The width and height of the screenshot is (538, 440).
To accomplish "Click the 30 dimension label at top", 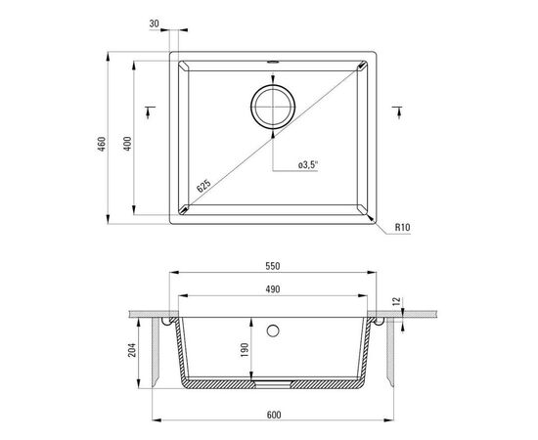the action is coord(154,23).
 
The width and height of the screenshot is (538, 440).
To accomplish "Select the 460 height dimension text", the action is coord(102,144).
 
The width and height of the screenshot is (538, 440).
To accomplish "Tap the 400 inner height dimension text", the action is coord(127,144).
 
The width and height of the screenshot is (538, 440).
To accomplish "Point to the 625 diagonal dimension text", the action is coord(203,186).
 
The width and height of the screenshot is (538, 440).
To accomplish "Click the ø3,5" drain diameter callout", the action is coord(308,165).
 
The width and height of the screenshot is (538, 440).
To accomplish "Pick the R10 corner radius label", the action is coord(402,227).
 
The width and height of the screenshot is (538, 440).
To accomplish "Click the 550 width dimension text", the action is coord(273,266).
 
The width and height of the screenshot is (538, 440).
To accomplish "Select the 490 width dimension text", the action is coord(273,289).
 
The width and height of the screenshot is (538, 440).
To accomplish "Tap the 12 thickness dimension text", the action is coord(396,301).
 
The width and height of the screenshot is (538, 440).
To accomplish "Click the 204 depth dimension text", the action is coord(132,350).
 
